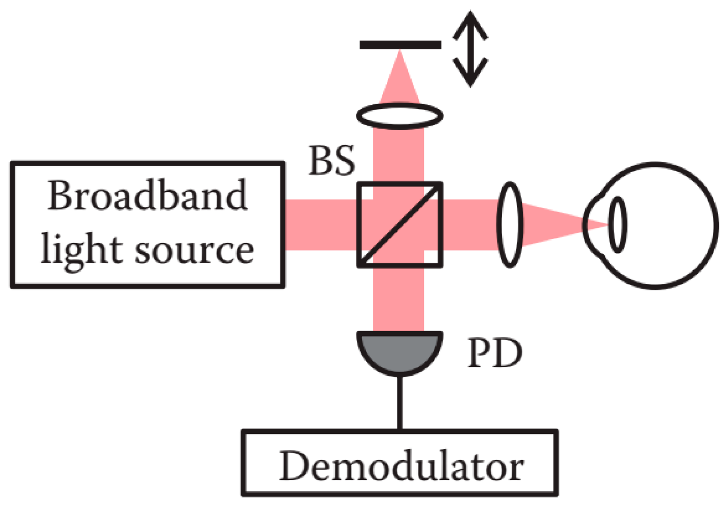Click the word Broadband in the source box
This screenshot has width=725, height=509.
147,195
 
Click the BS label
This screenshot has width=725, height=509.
332,161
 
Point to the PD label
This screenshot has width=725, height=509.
494,354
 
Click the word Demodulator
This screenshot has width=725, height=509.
401,466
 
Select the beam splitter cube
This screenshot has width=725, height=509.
400,225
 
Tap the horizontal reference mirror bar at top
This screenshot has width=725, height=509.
400,45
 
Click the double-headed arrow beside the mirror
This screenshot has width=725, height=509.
470,49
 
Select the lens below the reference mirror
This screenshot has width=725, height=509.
400,115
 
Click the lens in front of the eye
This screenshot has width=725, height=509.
510,225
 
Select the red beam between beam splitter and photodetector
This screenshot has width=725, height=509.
399,300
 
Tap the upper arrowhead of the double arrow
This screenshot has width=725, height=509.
470,23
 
